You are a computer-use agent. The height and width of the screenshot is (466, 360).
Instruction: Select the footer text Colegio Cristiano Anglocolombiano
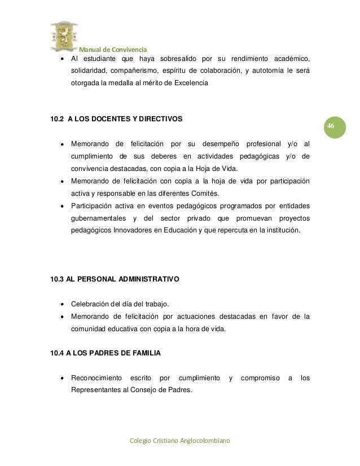tap(180, 440)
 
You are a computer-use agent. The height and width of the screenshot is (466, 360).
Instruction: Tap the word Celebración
tap(91, 305)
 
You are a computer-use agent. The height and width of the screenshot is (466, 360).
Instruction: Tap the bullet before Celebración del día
tap(61, 305)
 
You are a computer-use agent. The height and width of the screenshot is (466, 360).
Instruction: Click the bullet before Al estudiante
tap(61, 59)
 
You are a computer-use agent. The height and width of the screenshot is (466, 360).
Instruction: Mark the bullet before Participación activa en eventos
tap(61, 206)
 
